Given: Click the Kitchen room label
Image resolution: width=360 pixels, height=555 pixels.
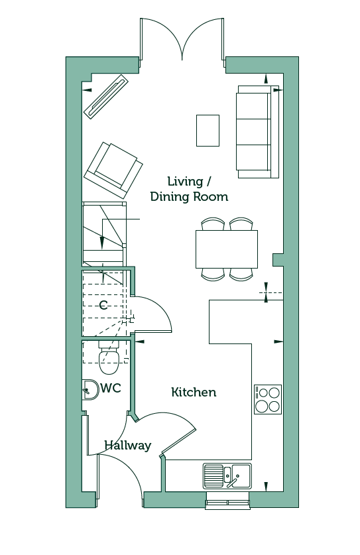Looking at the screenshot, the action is (x=194, y=392).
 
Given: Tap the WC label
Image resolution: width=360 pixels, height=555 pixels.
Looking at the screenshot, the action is (x=111, y=388).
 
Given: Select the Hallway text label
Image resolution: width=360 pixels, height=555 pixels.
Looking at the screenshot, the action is (x=128, y=446).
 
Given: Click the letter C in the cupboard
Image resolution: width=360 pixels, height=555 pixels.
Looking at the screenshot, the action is (x=103, y=305).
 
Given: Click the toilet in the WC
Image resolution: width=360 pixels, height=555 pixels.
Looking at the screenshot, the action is (x=109, y=357).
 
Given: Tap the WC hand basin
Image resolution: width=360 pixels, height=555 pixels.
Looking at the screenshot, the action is (x=90, y=390).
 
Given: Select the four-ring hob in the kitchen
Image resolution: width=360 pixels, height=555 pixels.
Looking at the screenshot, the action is (x=268, y=399).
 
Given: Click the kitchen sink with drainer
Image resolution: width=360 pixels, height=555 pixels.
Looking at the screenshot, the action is (x=227, y=476).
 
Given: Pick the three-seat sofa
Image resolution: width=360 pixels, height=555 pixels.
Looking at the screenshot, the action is (x=258, y=132).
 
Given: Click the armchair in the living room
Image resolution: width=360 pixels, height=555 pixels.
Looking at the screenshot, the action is (x=113, y=170).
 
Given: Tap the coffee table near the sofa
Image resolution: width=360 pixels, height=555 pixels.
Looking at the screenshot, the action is (x=208, y=130).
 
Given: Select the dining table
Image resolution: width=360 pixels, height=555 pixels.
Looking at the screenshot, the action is (x=227, y=249).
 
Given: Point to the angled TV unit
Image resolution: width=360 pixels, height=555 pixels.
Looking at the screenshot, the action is (x=106, y=95).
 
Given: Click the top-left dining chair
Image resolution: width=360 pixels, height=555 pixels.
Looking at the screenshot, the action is (x=213, y=224).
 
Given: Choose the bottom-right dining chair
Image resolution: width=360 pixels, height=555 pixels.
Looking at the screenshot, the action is (x=241, y=274).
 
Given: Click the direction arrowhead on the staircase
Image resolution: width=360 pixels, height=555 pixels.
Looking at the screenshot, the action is (x=102, y=243).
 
